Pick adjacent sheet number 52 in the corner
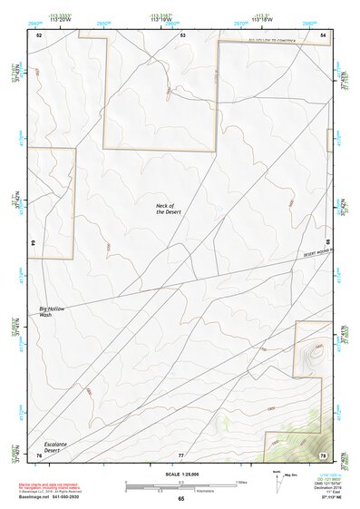(39, 34)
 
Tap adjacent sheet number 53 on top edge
(182, 34)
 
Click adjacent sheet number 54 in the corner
(324, 34)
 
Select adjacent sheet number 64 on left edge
(36, 244)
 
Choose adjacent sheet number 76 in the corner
(38, 454)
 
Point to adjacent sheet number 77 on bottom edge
(181, 454)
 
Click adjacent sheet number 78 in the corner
(324, 454)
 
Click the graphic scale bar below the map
(181, 485)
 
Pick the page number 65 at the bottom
(181, 499)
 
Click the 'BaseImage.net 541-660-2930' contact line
(56, 497)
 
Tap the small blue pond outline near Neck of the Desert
(218, 213)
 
